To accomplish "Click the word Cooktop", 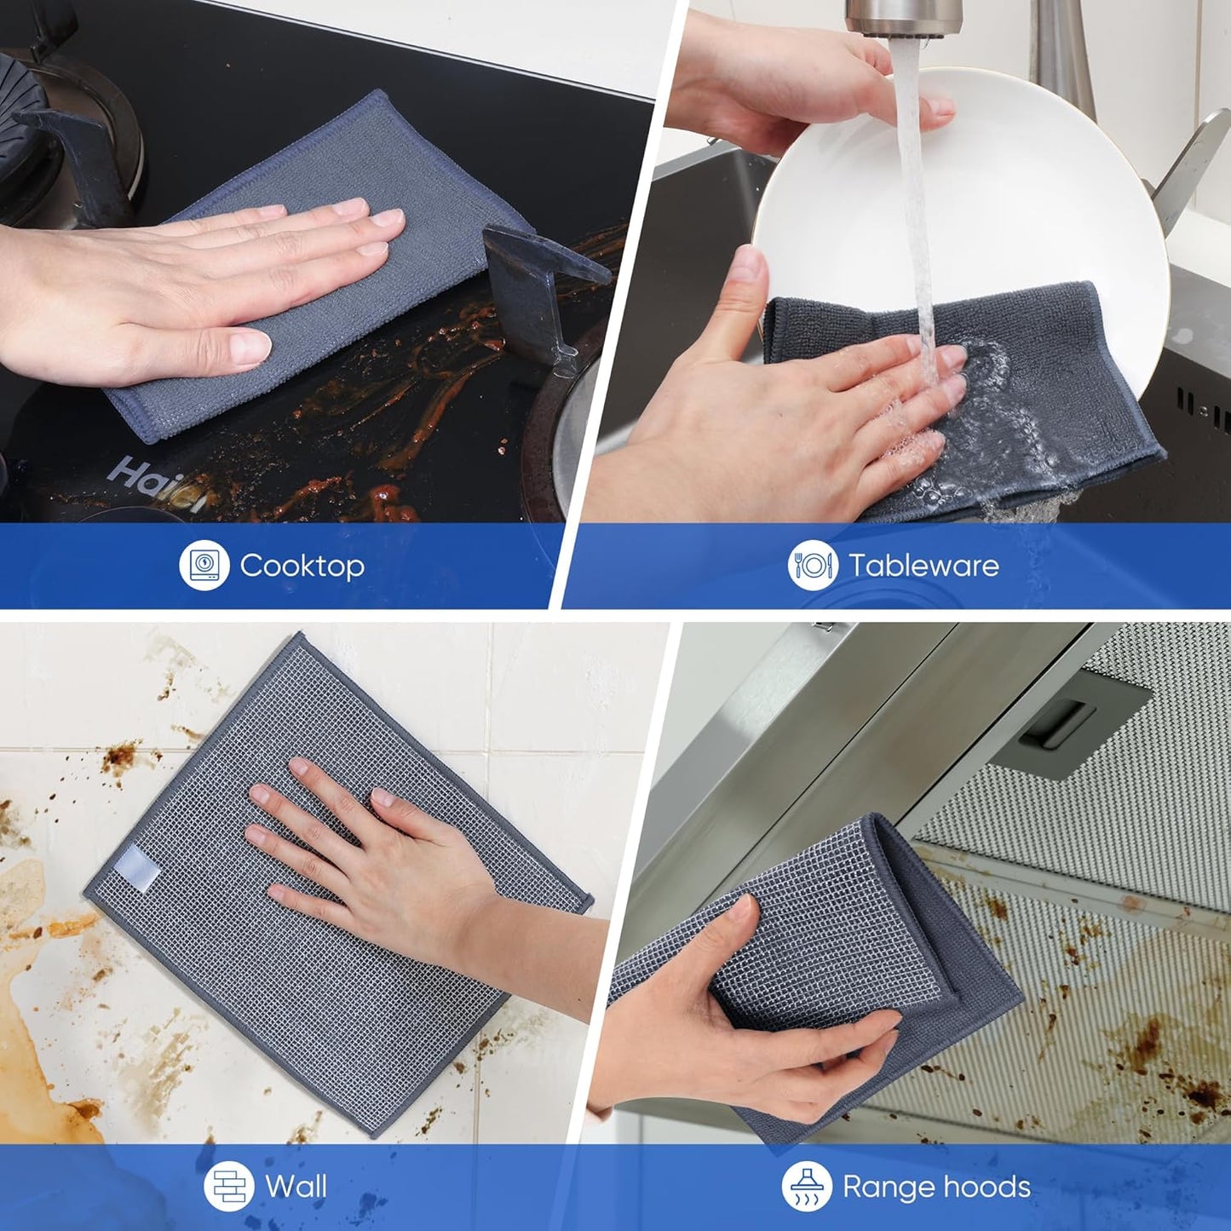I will (x=302, y=566).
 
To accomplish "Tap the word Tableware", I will (x=923, y=566).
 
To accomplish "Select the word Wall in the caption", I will (x=296, y=1186).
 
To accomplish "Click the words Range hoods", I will (x=936, y=1187).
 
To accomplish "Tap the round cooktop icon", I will (x=204, y=565).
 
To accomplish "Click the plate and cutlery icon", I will (x=812, y=565).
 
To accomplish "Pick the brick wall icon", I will (x=229, y=1186).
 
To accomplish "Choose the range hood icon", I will (x=806, y=1186).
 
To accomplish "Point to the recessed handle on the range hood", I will (x=1056, y=724).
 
